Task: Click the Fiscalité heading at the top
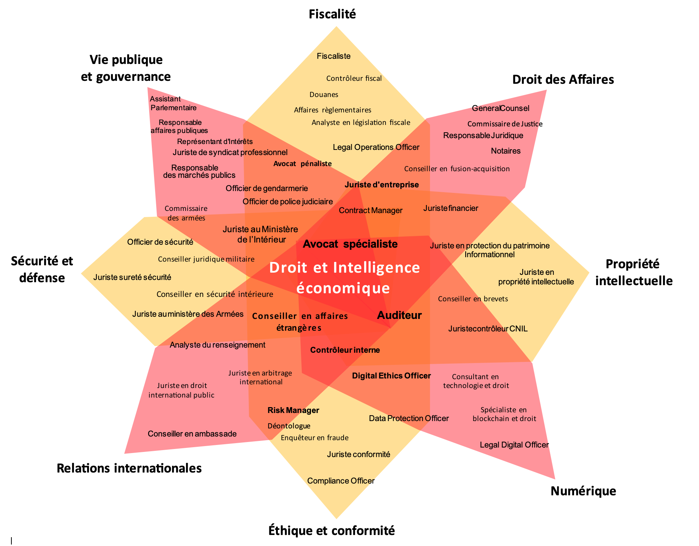[x=332, y=14]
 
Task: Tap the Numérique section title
[x=583, y=491]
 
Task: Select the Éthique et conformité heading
[x=331, y=531]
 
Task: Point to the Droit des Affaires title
[x=563, y=79]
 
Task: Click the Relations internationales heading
[x=129, y=468]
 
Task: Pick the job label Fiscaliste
[x=334, y=56]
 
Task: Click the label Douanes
[x=324, y=95]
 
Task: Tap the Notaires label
[x=506, y=151]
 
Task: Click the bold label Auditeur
[x=399, y=315]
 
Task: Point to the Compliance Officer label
[x=341, y=481]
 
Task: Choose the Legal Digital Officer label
[x=514, y=445]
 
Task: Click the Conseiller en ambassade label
[x=192, y=434]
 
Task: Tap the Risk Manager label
[x=293, y=410]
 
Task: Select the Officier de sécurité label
[x=160, y=242]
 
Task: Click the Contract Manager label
[x=370, y=211]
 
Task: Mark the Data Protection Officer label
[x=409, y=419]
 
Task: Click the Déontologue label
[x=289, y=426]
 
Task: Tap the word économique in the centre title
[x=343, y=288]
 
